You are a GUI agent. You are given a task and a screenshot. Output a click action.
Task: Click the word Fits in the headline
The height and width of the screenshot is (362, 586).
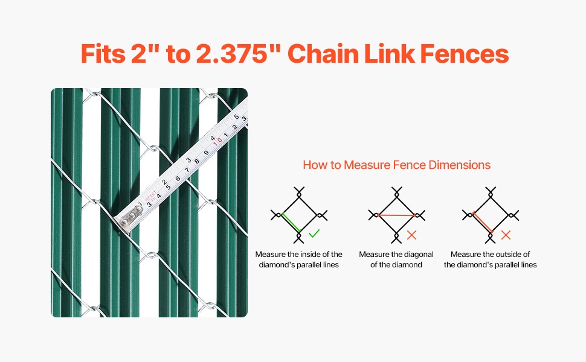(x=103, y=54)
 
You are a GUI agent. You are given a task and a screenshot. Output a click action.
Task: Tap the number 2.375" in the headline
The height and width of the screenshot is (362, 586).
(x=238, y=54)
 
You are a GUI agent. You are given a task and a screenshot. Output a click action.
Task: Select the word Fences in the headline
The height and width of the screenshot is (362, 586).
(x=465, y=54)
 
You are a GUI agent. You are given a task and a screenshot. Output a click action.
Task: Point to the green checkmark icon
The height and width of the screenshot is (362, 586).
(x=314, y=233)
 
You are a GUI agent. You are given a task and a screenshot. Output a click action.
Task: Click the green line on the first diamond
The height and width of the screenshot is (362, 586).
(x=291, y=223)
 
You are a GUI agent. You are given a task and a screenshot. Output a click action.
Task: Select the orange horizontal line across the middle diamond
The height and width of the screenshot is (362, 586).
(x=396, y=215)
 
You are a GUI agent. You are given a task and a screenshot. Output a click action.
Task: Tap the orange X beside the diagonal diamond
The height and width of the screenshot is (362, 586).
(x=411, y=235)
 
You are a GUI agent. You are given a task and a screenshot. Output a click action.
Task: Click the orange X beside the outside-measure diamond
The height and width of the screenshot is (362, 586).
(x=506, y=235)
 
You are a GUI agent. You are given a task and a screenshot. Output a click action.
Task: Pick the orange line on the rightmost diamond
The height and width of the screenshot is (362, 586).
(x=482, y=223)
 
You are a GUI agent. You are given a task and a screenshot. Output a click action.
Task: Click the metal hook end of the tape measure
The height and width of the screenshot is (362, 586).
(x=129, y=220)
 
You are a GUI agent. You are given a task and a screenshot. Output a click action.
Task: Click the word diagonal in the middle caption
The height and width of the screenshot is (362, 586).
(x=419, y=255)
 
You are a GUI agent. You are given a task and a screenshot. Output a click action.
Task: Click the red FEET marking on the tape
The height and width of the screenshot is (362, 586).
(x=150, y=195)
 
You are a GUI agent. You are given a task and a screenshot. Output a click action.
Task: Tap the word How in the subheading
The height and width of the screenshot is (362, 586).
(x=312, y=165)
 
